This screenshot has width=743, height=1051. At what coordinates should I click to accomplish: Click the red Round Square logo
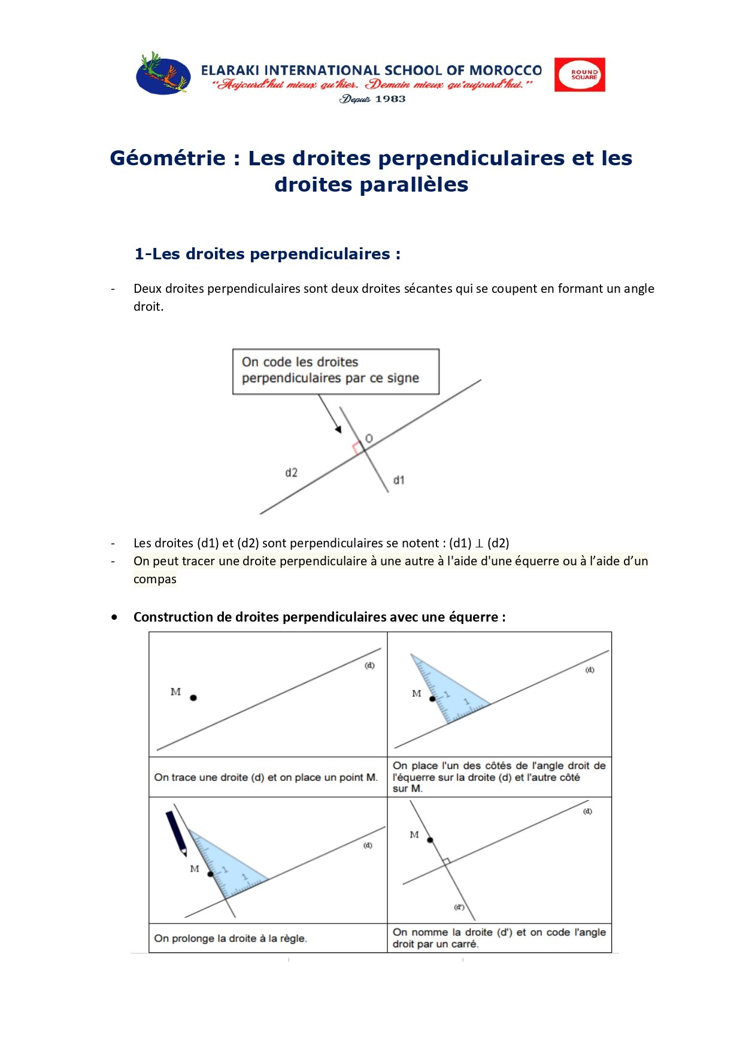(579, 75)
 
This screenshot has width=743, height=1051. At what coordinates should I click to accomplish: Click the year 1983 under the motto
(390, 99)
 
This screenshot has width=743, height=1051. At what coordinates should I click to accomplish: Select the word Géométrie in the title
(168, 158)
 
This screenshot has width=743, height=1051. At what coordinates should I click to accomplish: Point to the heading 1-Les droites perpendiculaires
(267, 254)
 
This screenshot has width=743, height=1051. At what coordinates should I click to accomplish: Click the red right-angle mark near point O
(357, 447)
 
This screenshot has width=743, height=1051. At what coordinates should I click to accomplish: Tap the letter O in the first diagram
(369, 439)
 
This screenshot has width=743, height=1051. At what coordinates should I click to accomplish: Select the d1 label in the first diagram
(399, 480)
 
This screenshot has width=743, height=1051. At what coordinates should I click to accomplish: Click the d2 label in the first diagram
(291, 473)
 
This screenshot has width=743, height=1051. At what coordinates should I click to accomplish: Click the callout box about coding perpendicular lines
(335, 371)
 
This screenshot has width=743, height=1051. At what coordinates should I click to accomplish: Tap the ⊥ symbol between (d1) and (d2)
(479, 544)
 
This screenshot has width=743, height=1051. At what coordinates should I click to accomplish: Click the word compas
(154, 579)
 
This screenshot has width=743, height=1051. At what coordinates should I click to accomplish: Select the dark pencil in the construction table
(177, 832)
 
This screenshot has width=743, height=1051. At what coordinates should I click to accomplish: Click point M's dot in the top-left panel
(193, 698)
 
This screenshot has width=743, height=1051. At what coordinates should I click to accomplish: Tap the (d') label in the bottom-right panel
(459, 907)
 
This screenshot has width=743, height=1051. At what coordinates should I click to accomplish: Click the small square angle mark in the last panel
(446, 861)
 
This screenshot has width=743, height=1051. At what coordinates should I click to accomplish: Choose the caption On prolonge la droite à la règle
(231, 938)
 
